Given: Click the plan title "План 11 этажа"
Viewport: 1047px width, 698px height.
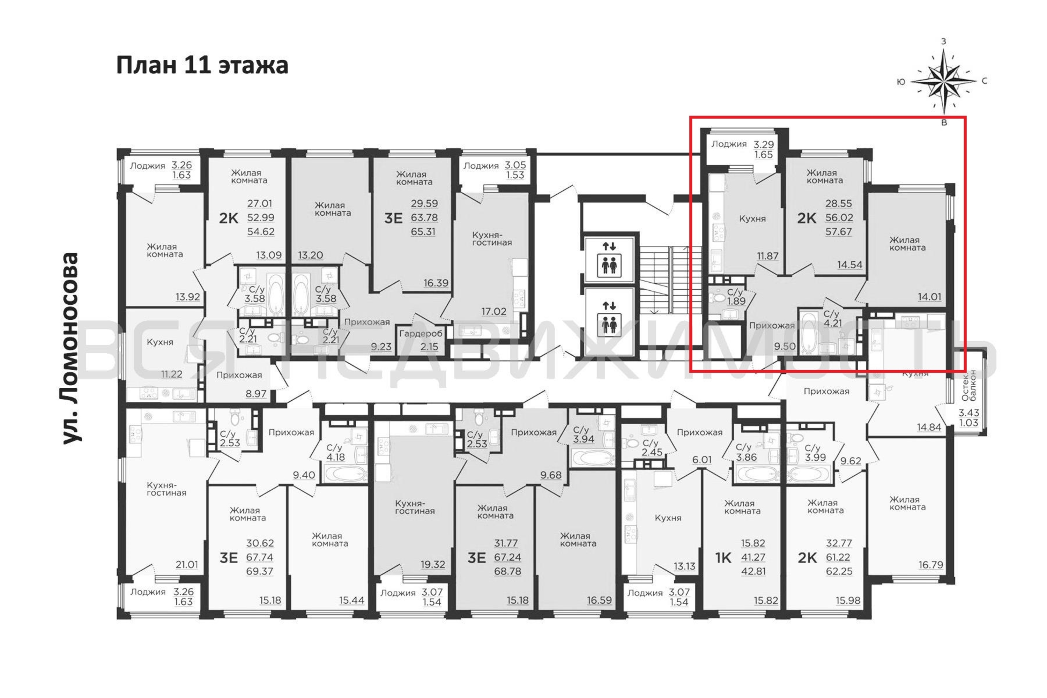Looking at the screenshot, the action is coord(202,66).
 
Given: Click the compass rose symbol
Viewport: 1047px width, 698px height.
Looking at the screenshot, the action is coord(944,81).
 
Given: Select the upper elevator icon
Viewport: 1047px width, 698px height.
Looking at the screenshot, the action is coord(609,260).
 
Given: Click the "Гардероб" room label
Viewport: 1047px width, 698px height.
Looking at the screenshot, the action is coord(421,333).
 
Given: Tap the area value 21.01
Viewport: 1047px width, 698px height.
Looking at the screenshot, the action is coord(186,564).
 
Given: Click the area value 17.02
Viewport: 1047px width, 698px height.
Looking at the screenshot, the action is coord(494,311).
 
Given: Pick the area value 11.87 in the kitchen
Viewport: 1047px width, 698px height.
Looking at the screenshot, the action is coord(767,256).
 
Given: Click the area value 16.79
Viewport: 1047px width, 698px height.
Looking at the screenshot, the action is coord(931,565).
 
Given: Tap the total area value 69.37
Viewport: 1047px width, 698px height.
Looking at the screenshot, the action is coord(260,571).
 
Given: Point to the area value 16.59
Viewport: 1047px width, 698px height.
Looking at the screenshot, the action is coord(599,600).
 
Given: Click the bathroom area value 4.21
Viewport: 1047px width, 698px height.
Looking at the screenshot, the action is coord(832,323).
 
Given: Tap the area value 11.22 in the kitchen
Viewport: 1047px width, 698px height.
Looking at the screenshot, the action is coord(172,374).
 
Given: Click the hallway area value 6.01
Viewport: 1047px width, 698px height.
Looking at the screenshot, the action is coord(701,459).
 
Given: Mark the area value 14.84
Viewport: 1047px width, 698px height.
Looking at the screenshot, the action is coord(929,427).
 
